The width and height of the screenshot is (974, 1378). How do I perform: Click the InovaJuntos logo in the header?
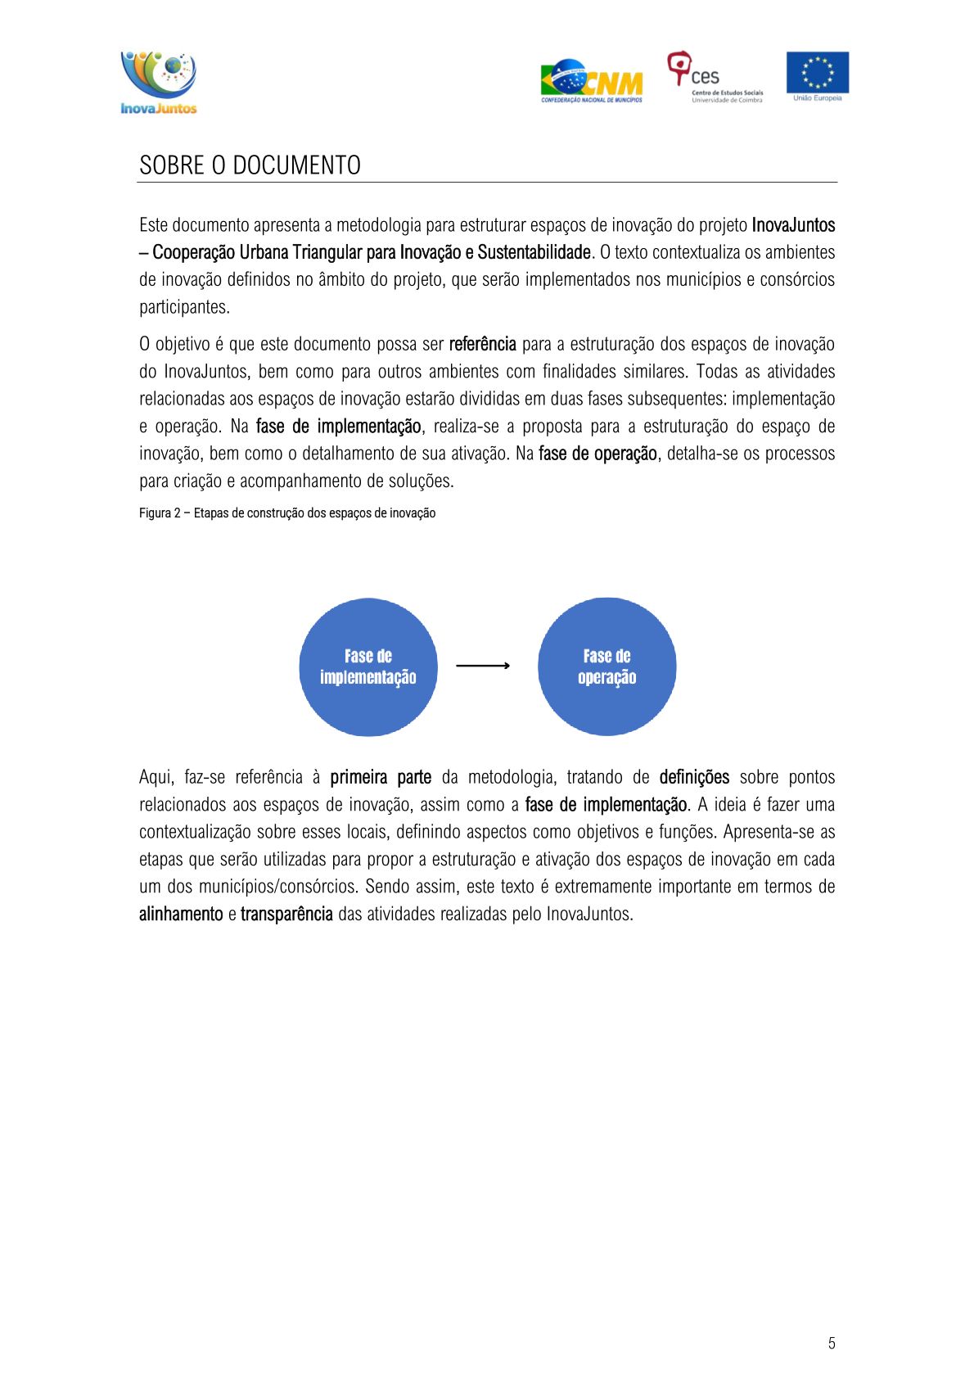point(159,82)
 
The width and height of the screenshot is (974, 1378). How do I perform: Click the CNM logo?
point(591,81)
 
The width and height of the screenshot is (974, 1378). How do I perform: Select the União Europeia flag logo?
point(817,75)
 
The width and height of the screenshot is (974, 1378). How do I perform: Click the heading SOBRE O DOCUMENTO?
point(250,165)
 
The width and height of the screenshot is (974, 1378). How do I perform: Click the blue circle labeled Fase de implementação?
point(368,667)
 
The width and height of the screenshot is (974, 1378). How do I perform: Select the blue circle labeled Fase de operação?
point(606,667)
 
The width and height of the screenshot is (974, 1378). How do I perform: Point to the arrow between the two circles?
point(483,666)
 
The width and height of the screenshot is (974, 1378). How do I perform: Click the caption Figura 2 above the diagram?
point(286,513)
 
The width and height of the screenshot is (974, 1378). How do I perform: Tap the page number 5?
point(832,1343)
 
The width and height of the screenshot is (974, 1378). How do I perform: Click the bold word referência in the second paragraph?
point(482,344)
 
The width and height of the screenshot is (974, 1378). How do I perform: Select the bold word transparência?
point(286,915)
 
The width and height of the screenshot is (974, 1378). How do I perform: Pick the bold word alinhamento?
point(181,915)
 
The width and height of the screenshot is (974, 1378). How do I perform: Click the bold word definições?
point(694,778)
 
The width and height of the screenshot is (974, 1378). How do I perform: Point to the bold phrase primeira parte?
point(381,778)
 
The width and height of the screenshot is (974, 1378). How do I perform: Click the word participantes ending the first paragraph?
point(184,308)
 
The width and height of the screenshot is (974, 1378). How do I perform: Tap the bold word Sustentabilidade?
point(534,252)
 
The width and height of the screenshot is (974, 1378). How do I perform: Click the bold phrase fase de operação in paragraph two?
point(597,454)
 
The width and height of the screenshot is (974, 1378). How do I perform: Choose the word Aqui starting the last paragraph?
point(156,778)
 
